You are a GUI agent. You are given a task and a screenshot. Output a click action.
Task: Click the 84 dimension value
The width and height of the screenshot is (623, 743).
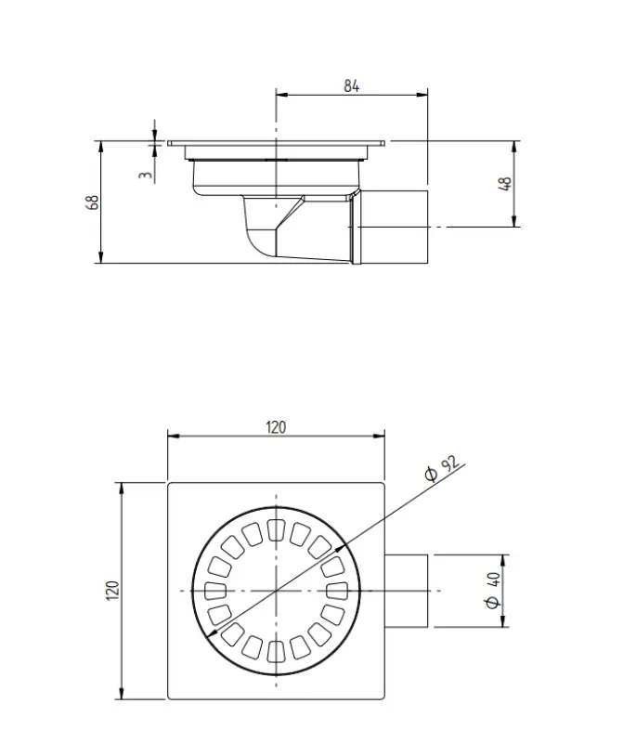351,85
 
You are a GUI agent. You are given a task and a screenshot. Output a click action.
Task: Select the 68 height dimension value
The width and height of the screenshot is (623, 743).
93,202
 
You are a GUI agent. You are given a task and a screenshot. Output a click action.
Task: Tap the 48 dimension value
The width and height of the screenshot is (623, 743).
506,183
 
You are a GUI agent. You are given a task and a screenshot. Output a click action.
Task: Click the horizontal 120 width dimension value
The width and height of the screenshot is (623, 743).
276,427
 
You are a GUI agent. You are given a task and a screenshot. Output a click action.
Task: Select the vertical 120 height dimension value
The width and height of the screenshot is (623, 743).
112,591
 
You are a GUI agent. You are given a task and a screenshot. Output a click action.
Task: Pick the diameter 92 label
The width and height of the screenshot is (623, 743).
442,470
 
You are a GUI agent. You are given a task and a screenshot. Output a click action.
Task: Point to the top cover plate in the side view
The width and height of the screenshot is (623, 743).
277,143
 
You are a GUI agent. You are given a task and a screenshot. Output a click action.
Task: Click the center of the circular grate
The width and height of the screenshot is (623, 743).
276,591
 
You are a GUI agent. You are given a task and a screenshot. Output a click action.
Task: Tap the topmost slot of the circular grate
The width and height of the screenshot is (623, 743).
276,530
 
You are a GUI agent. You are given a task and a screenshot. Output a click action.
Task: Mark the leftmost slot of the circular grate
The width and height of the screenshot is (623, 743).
215,591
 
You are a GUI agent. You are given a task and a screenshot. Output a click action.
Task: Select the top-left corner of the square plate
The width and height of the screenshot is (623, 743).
168,483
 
